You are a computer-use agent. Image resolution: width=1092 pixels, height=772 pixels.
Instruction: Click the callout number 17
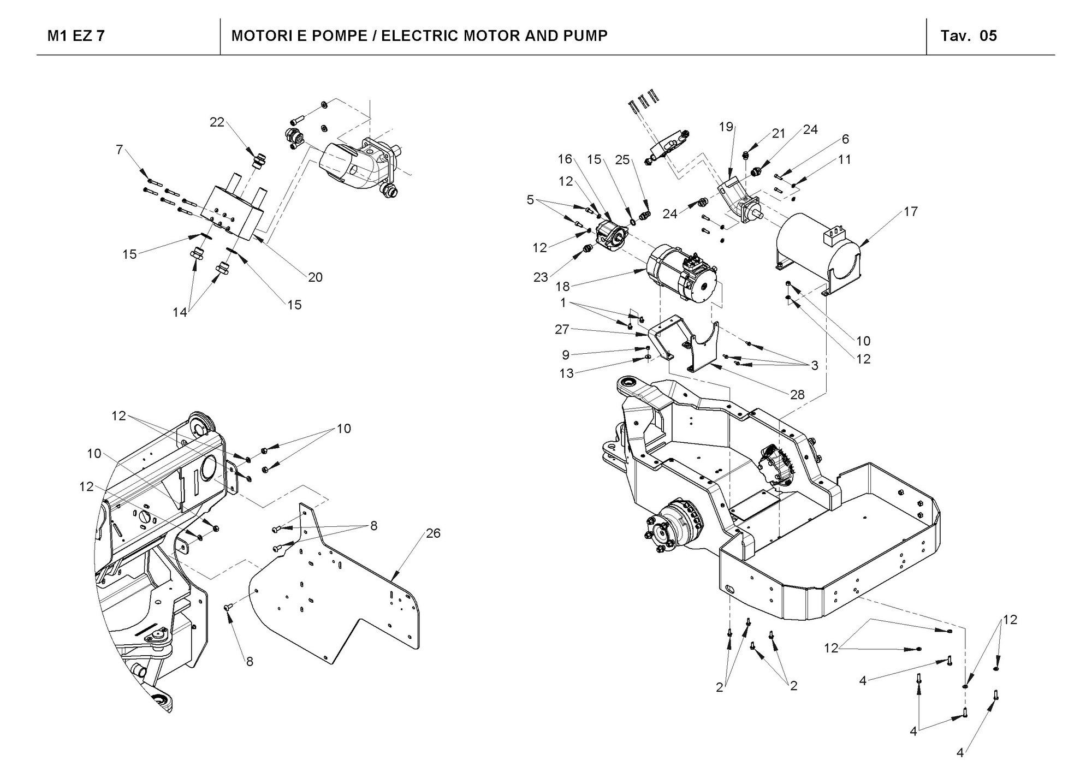(x=911, y=211)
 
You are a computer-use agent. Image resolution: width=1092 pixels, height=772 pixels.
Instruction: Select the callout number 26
(x=433, y=533)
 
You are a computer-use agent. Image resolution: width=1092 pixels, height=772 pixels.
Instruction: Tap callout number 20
(x=315, y=277)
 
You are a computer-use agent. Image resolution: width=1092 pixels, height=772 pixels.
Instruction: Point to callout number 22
(x=217, y=122)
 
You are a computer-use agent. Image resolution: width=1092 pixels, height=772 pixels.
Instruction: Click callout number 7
(x=120, y=149)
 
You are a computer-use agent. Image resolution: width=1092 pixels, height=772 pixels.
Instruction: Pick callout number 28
(x=797, y=394)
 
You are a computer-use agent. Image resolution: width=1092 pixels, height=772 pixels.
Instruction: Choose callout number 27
(x=562, y=329)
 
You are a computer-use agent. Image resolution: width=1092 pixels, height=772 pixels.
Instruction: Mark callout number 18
(x=563, y=287)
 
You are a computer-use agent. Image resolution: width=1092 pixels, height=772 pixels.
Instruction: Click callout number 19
(x=726, y=127)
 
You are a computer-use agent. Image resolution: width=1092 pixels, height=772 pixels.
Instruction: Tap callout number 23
(x=541, y=277)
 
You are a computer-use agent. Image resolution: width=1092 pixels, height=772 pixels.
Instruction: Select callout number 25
(x=622, y=159)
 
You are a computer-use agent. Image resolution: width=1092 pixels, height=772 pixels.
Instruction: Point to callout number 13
(x=567, y=373)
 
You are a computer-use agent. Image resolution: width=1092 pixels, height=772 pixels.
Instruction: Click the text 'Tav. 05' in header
(x=969, y=36)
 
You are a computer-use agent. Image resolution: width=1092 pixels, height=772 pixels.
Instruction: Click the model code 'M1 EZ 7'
(x=76, y=36)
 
